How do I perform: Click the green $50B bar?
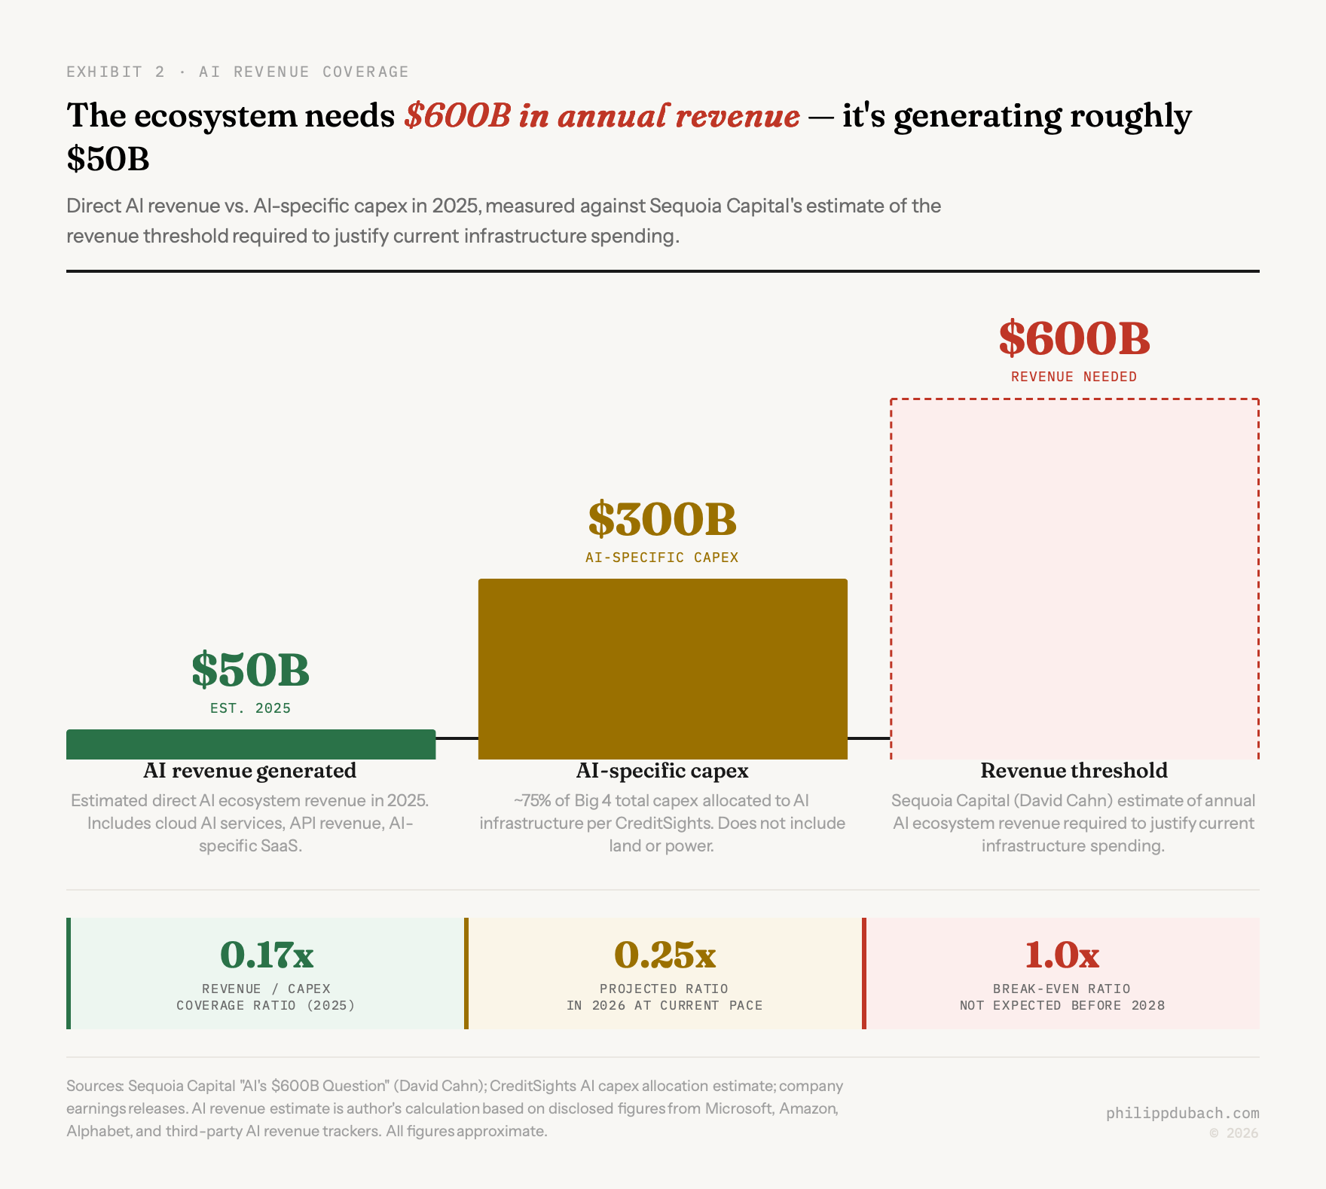point(251,744)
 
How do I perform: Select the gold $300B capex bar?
point(663,669)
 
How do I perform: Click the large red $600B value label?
point(1074,339)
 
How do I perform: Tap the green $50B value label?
point(250,670)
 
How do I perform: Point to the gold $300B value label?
point(662,519)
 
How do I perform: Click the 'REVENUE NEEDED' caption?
point(1074,377)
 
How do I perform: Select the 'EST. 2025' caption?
point(250,708)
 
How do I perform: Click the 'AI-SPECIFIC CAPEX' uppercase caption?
point(662,558)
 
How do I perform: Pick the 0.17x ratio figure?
point(267,955)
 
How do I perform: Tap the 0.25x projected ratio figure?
point(665,955)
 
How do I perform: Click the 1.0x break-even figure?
point(1062,955)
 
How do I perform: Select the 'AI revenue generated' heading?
point(250,771)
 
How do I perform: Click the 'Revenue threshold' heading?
point(1074,771)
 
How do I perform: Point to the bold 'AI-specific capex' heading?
point(662,771)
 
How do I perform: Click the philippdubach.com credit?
point(1182,1113)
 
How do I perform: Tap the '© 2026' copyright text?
point(1233,1133)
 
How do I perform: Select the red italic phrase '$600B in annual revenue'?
point(602,116)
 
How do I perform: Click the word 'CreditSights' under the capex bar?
point(664,823)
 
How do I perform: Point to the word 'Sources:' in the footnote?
point(95,1086)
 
